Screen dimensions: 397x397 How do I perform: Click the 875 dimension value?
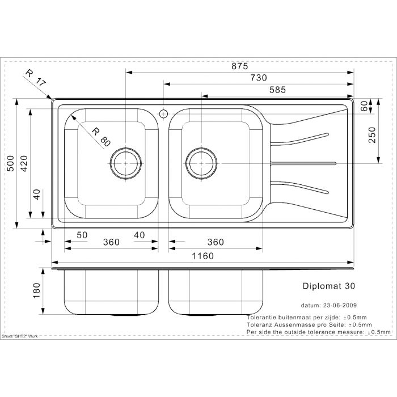click(239, 66)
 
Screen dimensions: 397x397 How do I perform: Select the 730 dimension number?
click(258, 78)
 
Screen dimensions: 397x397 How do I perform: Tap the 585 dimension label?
click(277, 90)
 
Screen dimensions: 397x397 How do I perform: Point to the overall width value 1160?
click(202, 256)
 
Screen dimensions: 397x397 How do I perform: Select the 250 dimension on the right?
click(372, 135)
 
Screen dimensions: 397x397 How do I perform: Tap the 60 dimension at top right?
click(372, 105)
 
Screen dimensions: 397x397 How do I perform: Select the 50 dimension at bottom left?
click(82, 235)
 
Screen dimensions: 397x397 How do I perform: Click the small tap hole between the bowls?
click(163, 112)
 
